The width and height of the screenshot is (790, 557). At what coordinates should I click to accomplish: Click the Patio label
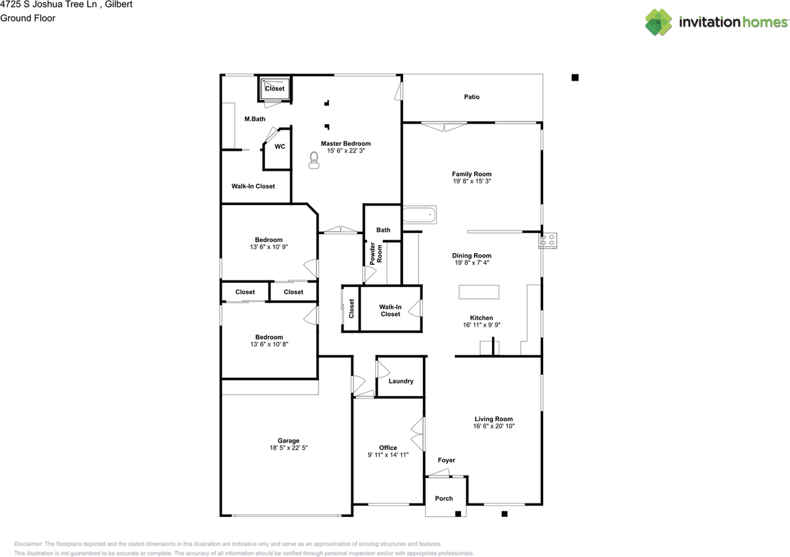click(472, 97)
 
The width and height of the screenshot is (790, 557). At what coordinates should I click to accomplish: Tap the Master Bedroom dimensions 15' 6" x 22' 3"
click(346, 151)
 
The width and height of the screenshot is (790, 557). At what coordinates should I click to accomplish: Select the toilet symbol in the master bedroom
click(314, 161)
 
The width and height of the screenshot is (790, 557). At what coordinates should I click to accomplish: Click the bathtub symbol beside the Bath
click(419, 215)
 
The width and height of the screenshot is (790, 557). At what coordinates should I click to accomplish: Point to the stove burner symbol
click(547, 240)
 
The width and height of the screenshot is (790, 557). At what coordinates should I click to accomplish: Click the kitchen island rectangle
click(479, 292)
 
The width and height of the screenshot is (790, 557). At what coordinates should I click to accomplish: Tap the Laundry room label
click(401, 381)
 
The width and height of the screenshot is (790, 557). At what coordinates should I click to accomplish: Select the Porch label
click(444, 498)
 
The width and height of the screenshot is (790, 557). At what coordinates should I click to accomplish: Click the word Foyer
click(446, 460)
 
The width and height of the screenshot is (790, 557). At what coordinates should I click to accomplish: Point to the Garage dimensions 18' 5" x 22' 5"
click(288, 448)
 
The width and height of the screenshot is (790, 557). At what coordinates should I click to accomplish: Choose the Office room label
click(388, 448)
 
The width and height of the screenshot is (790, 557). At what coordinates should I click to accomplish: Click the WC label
click(280, 146)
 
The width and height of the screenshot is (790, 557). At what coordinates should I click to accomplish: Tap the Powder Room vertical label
click(376, 253)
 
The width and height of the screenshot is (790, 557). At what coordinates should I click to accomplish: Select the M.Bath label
click(255, 119)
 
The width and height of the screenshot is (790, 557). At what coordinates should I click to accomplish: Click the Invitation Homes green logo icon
click(659, 22)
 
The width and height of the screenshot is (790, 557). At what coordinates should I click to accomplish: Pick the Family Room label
click(472, 174)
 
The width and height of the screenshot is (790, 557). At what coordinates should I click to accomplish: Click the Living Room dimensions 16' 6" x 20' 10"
click(494, 426)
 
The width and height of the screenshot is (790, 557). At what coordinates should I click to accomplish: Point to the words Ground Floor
click(28, 18)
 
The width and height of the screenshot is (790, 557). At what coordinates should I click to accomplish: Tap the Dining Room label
click(472, 256)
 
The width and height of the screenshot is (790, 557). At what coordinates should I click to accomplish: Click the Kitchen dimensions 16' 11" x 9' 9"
click(481, 325)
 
